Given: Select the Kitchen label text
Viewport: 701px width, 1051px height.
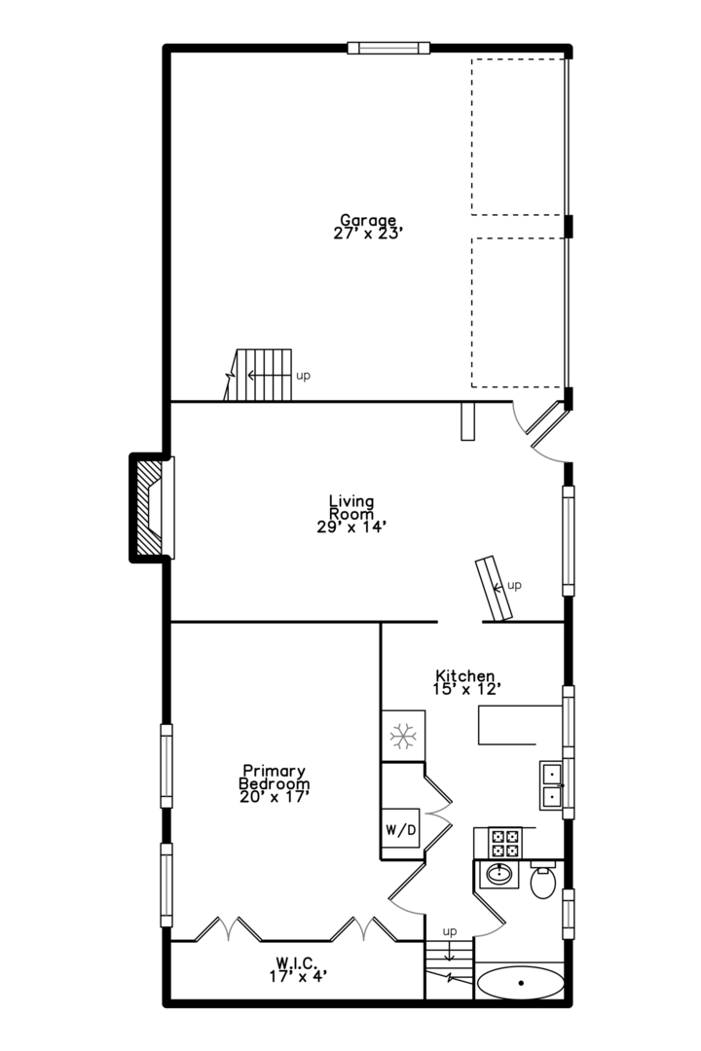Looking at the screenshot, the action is (x=465, y=675).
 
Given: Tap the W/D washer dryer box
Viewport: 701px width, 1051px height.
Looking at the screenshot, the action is (x=401, y=828).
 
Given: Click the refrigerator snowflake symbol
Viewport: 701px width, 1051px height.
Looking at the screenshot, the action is (x=402, y=736).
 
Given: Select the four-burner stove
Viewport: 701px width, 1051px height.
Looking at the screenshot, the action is (x=504, y=843).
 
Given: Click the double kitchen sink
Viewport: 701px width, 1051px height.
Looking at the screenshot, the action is (x=552, y=785).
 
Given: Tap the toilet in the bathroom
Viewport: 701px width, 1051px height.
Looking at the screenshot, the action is (x=542, y=880).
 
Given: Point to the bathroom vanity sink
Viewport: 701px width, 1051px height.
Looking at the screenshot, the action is (x=498, y=874).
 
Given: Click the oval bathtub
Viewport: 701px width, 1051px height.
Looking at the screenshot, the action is (x=521, y=983).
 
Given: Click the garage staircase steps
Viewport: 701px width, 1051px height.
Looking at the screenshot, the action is (x=259, y=375).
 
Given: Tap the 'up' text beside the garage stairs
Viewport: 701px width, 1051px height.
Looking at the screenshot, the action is (x=303, y=376).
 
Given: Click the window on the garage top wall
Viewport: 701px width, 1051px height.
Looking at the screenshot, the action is (x=388, y=48).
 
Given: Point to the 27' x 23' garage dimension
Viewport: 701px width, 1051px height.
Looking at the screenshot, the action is (x=368, y=234).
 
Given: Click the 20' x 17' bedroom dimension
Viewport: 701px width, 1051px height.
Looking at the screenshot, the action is (x=275, y=797).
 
